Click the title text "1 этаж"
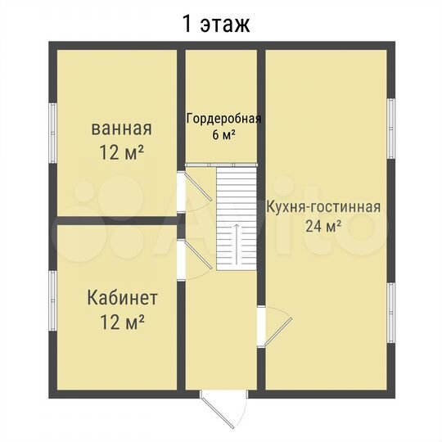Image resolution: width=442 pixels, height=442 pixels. (x=215, y=23)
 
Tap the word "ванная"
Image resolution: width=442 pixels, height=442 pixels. (x=121, y=129)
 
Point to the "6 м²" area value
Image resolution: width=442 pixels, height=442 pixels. (x=223, y=135)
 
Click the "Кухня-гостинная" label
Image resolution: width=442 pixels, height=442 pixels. (x=323, y=205)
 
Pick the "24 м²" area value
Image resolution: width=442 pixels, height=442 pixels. (x=323, y=227)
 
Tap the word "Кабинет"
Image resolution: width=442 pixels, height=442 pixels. (x=123, y=297)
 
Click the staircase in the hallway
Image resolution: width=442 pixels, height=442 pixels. (x=237, y=218)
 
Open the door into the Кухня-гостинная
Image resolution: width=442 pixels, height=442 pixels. (x=277, y=327)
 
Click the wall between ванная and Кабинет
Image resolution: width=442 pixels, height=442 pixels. (x=115, y=219)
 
